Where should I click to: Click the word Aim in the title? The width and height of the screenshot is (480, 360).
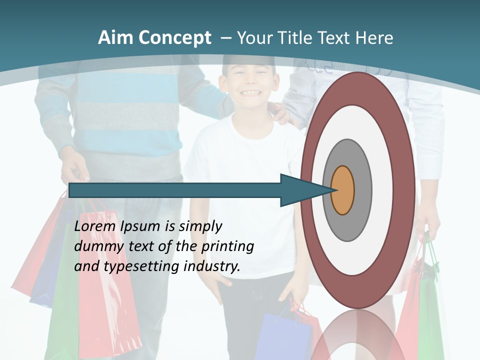tap(115, 38)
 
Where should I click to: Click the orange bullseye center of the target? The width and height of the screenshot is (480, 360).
tap(343, 190)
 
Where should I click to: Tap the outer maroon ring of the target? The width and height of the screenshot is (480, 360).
tap(405, 190)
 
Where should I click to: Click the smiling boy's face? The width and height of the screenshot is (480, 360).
tap(248, 82)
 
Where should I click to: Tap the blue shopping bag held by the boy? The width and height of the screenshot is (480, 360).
tap(282, 335)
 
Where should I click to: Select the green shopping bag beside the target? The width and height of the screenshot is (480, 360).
tap(430, 310)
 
